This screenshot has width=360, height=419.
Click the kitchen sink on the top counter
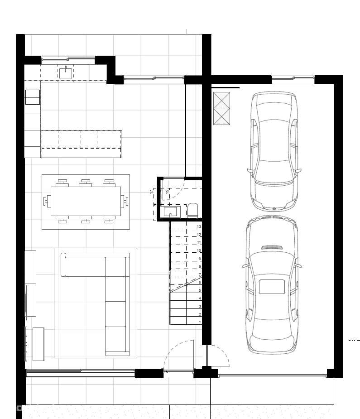[66, 72]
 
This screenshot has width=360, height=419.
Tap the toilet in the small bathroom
[192, 209]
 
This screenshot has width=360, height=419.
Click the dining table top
[86, 201]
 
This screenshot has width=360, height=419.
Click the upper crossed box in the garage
[221, 100]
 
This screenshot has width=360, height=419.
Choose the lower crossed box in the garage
[221, 117]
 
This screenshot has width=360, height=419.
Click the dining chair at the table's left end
[46, 201]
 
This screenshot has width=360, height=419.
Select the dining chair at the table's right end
[125, 201]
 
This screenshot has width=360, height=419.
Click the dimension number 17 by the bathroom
[152, 192]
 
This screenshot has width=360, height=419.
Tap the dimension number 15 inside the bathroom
[167, 192]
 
